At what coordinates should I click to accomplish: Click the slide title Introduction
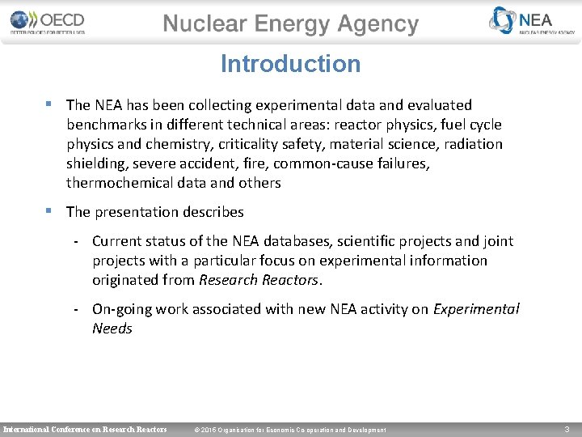click(290, 64)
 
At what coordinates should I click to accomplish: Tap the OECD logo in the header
click(48, 22)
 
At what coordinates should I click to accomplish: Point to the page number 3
click(567, 429)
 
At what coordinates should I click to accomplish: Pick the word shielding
click(95, 163)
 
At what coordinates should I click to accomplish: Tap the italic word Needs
click(112, 329)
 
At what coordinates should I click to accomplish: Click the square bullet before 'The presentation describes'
click(50, 211)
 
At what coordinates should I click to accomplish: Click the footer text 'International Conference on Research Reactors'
click(85, 429)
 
